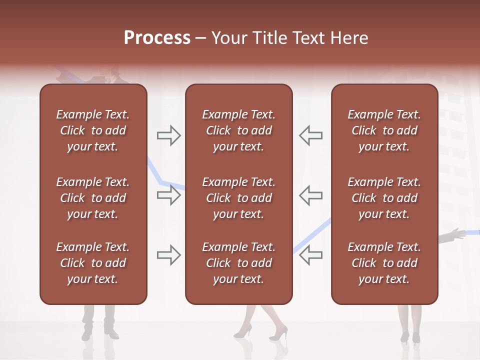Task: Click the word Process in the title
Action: click(157, 38)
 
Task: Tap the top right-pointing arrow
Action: click(169, 135)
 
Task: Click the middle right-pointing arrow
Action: click(169, 195)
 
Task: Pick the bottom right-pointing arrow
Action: click(169, 255)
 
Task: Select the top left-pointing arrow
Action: click(311, 135)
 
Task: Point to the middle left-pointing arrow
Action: click(311, 195)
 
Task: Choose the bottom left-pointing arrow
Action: click(311, 255)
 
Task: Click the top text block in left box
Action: click(93, 130)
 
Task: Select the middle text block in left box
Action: click(93, 198)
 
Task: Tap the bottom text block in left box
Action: click(93, 263)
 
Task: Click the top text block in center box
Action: click(238, 130)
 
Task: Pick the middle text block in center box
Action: click(238, 198)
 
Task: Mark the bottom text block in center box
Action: click(238, 263)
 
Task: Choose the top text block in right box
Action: click(384, 130)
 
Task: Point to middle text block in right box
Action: click(384, 198)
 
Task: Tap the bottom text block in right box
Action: click(384, 263)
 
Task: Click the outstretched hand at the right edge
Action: click(455, 232)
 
